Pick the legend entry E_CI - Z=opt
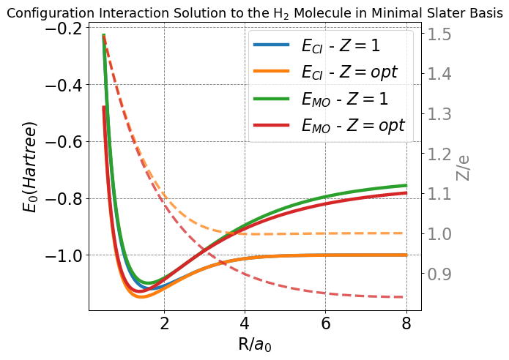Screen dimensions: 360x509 (349, 72)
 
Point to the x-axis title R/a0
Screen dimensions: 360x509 (255, 343)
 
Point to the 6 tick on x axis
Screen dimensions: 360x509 (325, 324)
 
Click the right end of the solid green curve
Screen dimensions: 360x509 (406, 185)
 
